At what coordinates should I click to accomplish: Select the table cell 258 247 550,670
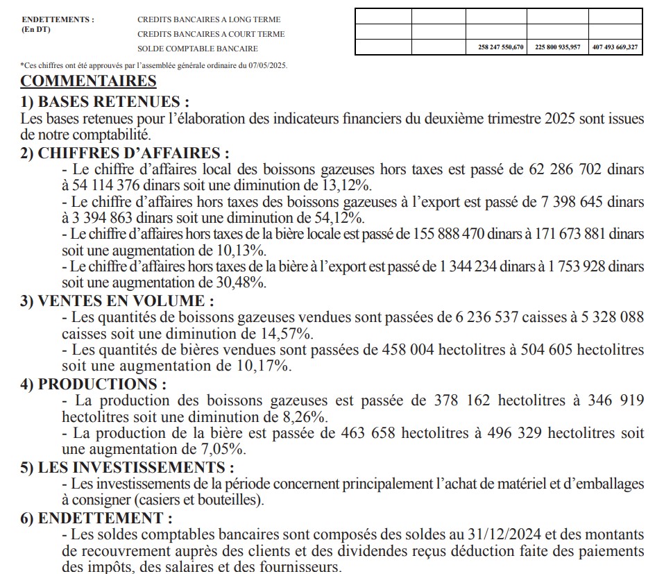pos(496,48)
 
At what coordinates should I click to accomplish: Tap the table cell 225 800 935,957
pos(557,48)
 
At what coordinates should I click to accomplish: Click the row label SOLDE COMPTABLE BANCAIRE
pos(197,49)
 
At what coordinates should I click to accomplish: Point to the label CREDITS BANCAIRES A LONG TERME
pos(209,19)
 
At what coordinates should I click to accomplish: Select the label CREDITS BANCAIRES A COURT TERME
pos(211,34)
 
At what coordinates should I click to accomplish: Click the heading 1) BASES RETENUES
pos(104,101)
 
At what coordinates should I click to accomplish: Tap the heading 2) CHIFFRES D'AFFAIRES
pos(125,153)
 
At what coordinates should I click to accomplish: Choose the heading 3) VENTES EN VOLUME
pos(117,301)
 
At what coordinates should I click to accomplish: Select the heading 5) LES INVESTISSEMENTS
pos(127,468)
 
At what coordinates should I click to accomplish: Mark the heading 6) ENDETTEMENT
pos(96,518)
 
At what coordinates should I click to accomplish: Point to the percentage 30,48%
pos(242,283)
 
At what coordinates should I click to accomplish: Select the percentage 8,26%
pos(303,417)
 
